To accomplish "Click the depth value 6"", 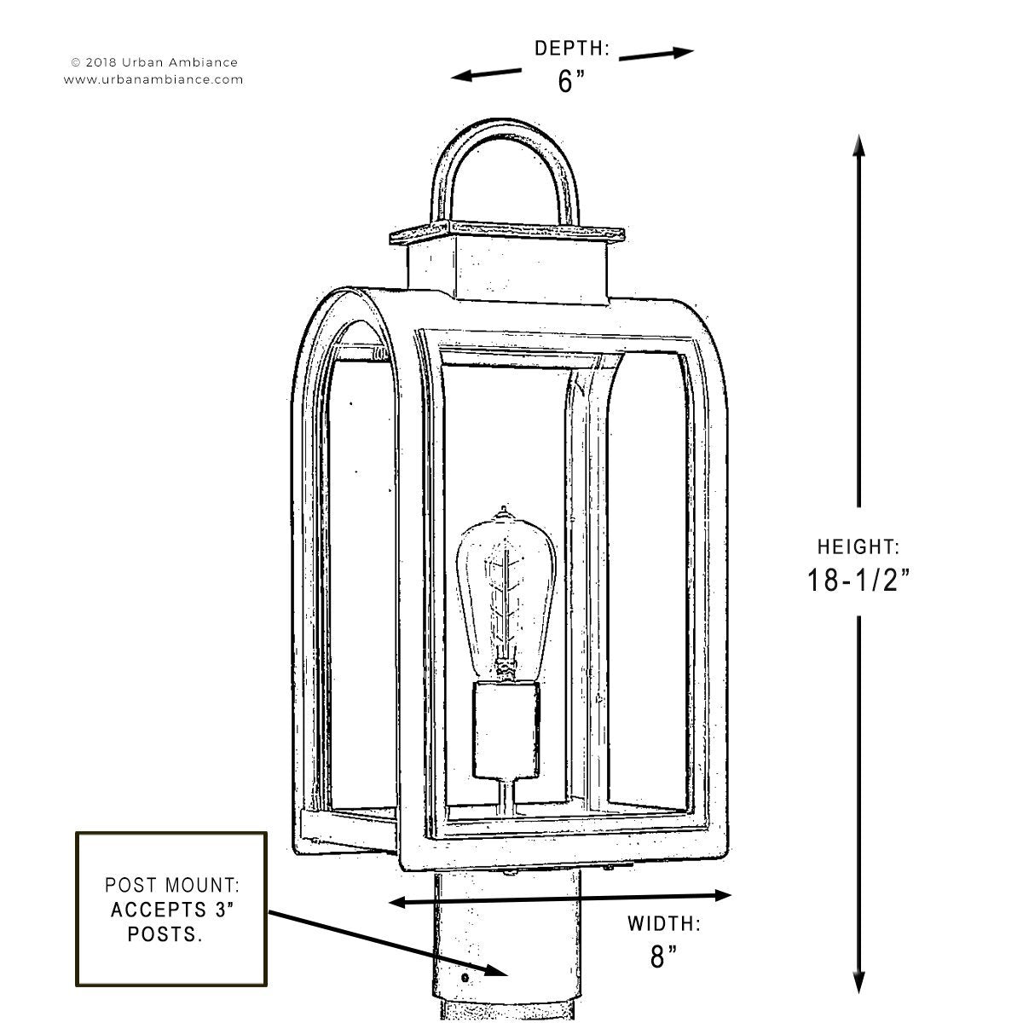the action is click(x=571, y=81).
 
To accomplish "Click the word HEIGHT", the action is click(x=858, y=546).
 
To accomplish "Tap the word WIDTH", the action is click(x=663, y=924).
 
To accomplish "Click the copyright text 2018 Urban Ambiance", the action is click(x=154, y=62).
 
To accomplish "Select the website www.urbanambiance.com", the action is click(x=153, y=79).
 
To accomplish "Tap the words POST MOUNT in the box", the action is click(x=172, y=885).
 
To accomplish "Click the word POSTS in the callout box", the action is click(x=165, y=934).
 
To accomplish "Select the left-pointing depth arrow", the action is click(x=486, y=74).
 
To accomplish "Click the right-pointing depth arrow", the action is click(x=656, y=54).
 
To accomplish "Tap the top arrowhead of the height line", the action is click(x=859, y=146).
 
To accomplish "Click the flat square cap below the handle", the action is click(x=507, y=234).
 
